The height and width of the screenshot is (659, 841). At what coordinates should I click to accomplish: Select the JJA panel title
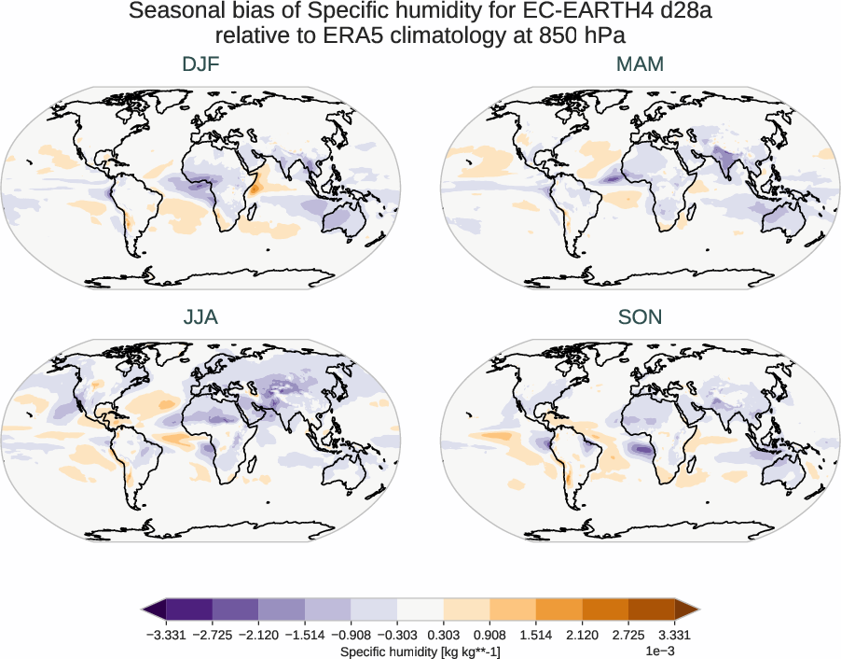pos(200,317)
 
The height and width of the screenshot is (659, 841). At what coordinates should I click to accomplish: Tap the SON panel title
pos(640,317)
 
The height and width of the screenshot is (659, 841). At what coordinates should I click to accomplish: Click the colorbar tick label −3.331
pos(166,635)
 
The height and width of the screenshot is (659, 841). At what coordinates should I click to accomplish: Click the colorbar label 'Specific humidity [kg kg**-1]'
pos(420,650)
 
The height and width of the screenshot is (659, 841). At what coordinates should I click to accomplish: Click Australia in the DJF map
pos(342,220)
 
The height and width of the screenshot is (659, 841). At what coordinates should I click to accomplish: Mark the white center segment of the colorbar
pos(420,610)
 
